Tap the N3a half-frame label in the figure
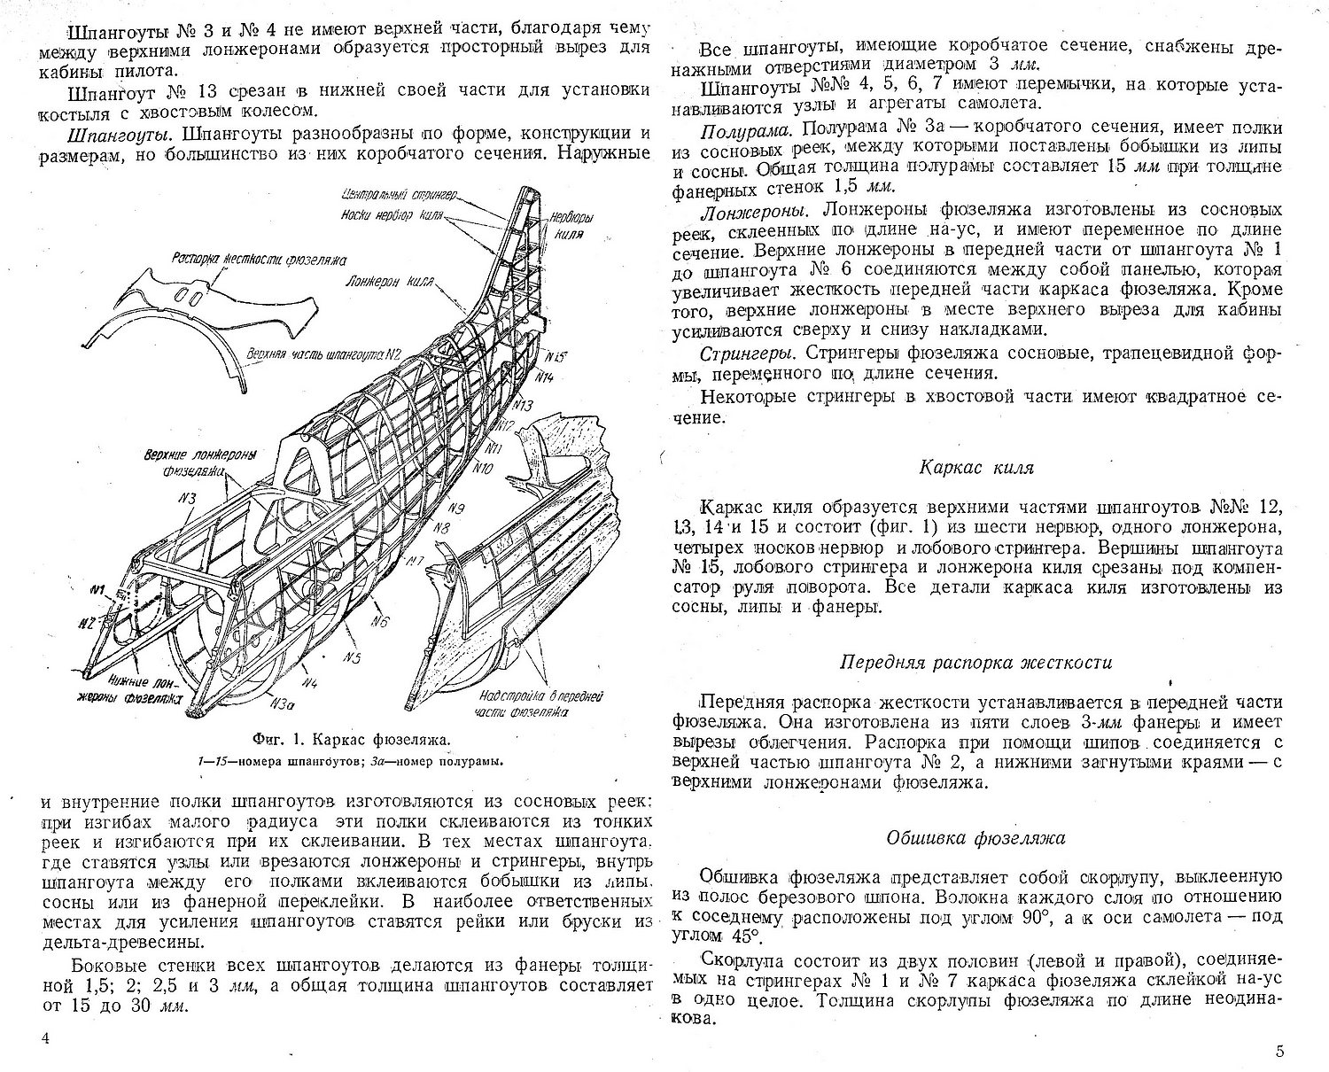(282, 704)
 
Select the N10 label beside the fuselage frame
(485, 467)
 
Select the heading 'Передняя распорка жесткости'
(975, 662)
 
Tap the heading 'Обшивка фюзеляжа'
(975, 837)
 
